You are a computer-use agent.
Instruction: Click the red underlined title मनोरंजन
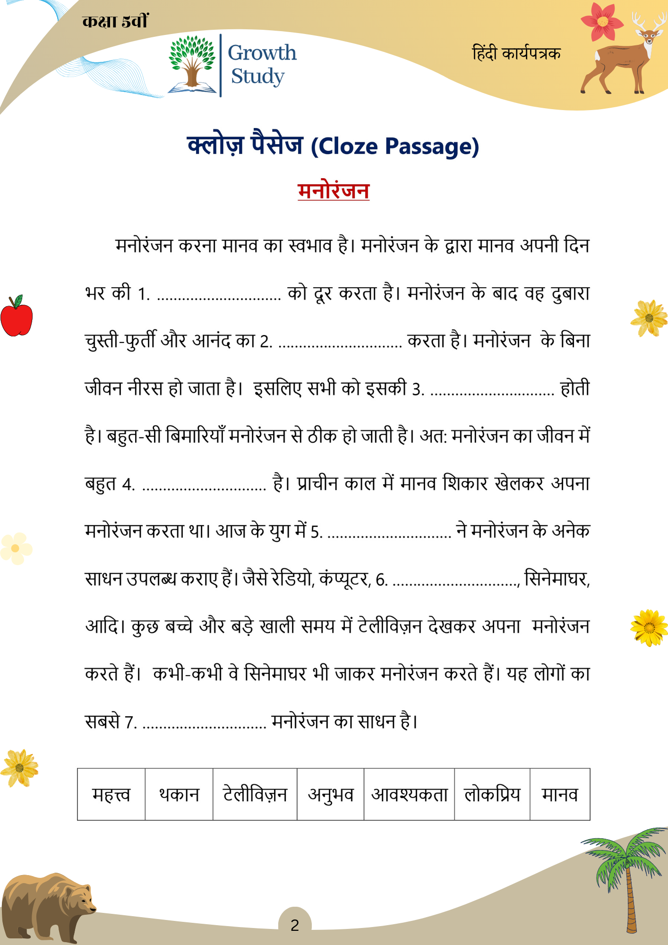[333, 191]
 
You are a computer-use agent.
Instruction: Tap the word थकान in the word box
[179, 795]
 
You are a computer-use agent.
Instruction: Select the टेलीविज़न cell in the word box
[255, 795]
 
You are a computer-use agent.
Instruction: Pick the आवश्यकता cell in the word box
[409, 795]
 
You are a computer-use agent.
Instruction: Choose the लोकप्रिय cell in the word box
[492, 795]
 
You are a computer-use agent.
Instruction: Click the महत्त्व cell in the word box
[111, 795]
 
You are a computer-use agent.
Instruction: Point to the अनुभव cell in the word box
[331, 795]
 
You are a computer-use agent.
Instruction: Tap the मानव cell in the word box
[560, 795]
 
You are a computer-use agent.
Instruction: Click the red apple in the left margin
[17, 317]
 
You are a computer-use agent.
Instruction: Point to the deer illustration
[624, 57]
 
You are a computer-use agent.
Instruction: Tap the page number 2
[295, 925]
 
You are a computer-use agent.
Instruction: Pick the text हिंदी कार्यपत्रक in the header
[516, 53]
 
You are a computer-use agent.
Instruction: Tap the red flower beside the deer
[601, 21]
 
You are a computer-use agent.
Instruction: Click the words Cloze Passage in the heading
[395, 146]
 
